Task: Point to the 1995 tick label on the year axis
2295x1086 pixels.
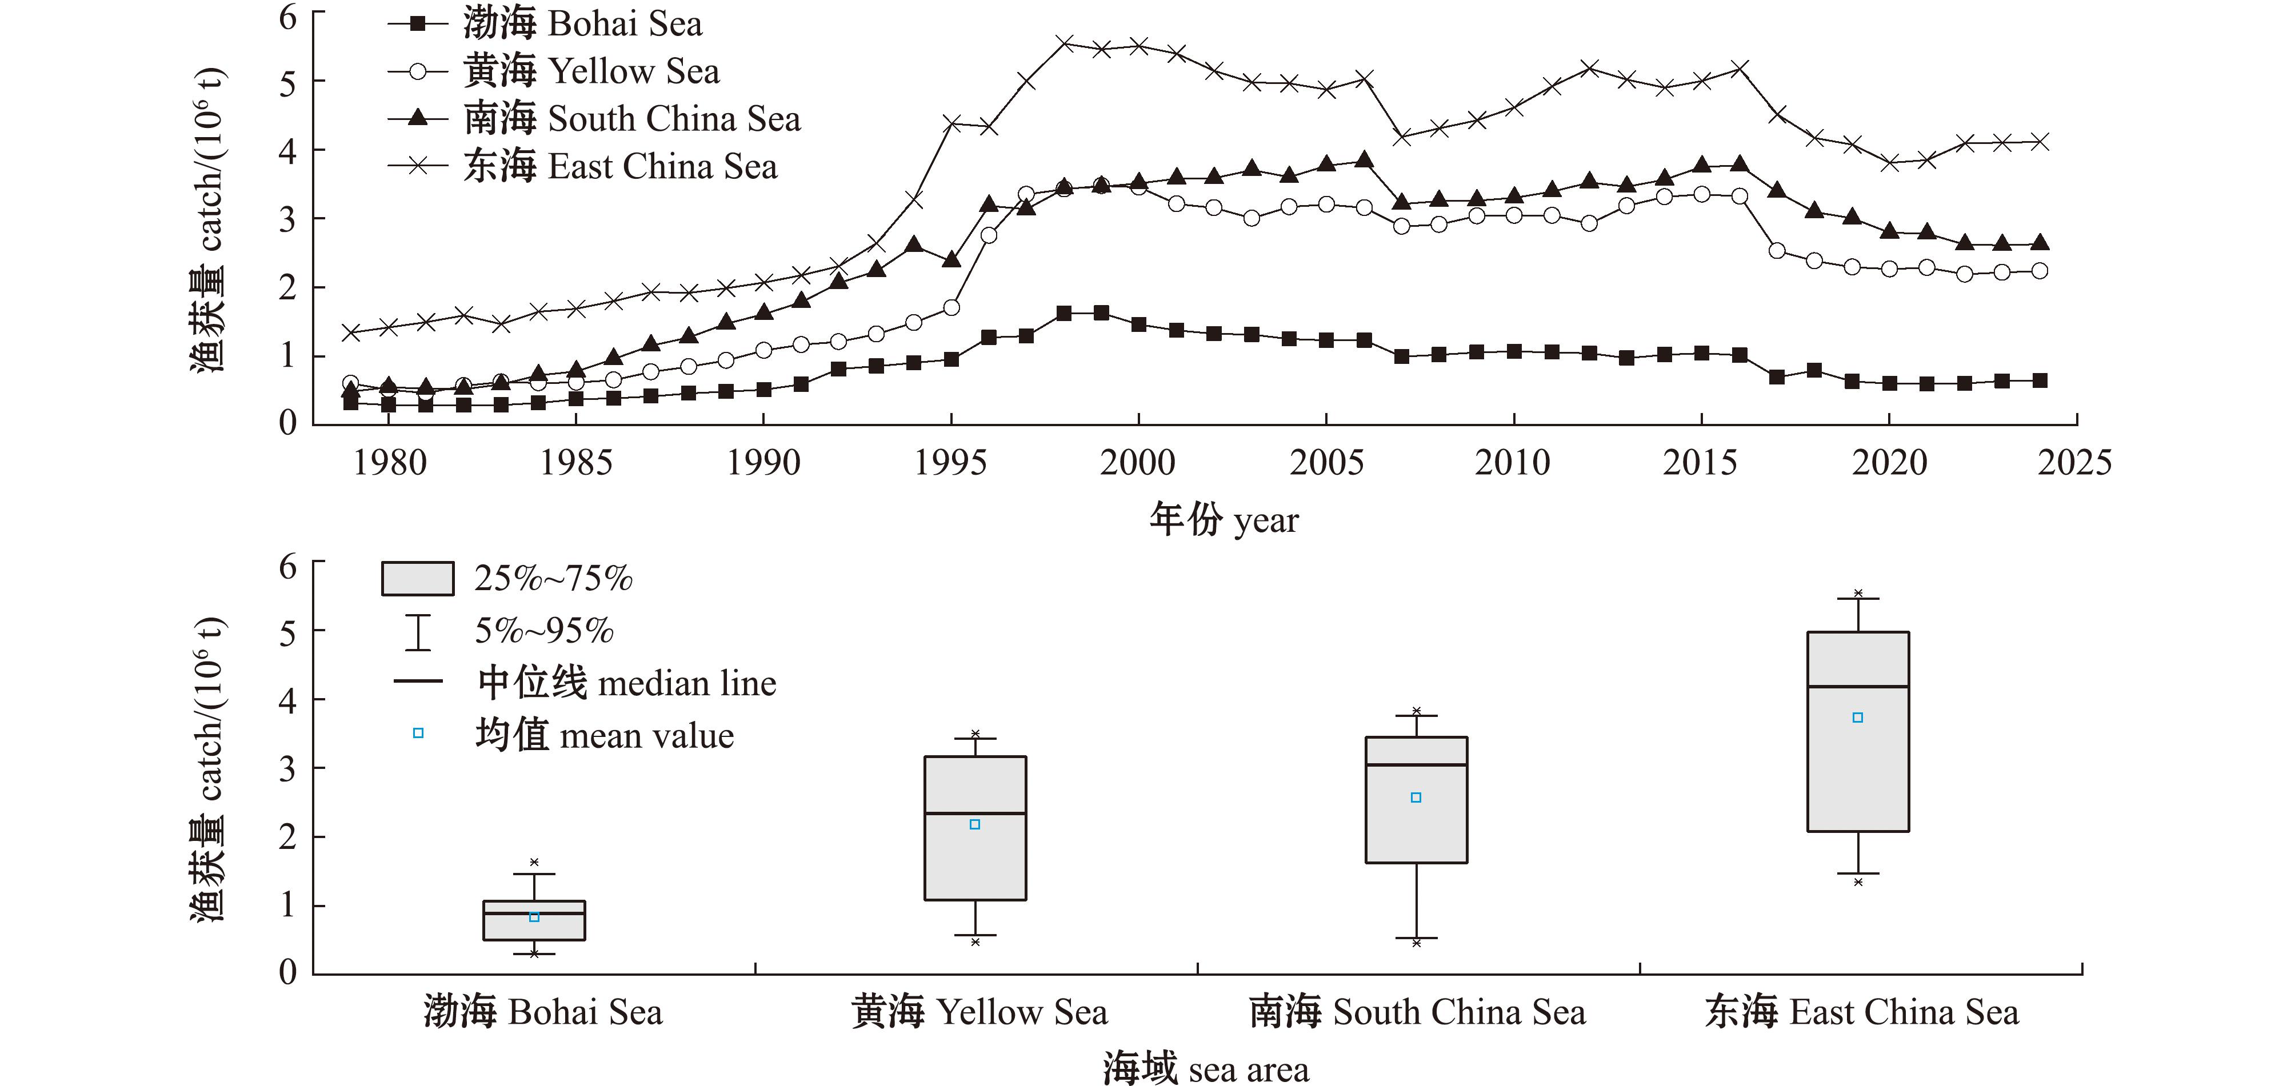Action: (x=950, y=462)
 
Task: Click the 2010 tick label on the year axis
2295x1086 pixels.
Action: (x=1513, y=462)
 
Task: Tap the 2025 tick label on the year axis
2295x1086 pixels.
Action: (x=2075, y=462)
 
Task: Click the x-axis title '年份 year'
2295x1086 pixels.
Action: (x=1224, y=519)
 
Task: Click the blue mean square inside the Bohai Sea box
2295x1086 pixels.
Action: (x=534, y=917)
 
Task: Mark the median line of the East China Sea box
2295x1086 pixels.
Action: (x=1858, y=687)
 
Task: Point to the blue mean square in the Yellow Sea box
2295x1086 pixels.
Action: (x=975, y=824)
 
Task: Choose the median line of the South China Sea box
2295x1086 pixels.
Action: (x=1417, y=764)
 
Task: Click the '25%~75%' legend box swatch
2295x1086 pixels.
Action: (x=417, y=578)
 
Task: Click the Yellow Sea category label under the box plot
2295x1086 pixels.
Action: (x=979, y=1012)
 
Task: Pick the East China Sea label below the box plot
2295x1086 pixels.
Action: (x=1862, y=1012)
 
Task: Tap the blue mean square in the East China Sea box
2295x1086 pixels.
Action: (x=1858, y=717)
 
